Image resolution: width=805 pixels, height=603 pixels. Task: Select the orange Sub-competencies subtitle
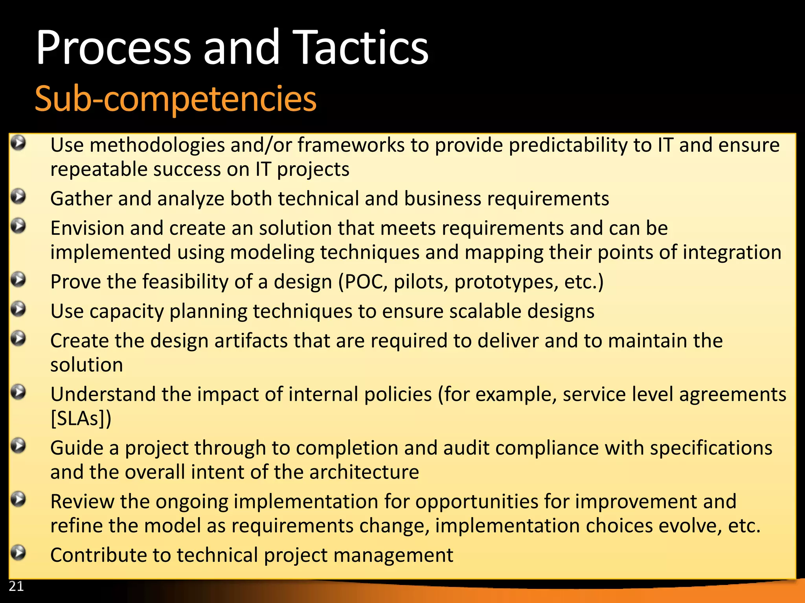tap(175, 99)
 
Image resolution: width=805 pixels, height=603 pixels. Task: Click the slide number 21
tap(16, 586)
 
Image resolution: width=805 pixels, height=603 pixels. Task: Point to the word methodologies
tap(157, 145)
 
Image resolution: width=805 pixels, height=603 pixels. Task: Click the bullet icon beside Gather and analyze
tap(18, 196)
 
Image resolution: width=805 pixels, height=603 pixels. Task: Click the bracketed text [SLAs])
tap(81, 418)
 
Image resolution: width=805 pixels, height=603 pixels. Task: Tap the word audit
tap(466, 448)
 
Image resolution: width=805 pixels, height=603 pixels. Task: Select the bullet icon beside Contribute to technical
tap(18, 553)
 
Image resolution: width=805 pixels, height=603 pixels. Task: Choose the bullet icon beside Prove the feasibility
tap(18, 280)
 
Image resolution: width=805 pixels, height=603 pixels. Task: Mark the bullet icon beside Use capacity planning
tap(18, 309)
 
